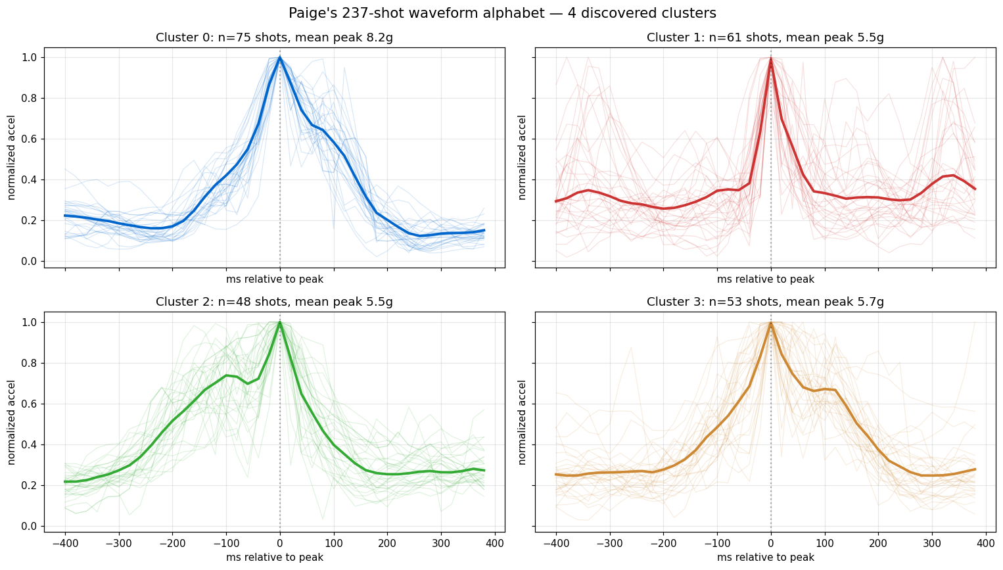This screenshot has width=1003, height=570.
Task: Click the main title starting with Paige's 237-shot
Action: click(x=502, y=13)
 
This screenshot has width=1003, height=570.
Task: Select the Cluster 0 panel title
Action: click(x=274, y=37)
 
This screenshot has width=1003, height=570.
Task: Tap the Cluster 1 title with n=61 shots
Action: click(x=765, y=37)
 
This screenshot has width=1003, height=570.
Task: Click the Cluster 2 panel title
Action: click(x=274, y=302)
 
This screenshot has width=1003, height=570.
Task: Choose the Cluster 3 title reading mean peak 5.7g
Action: click(x=765, y=302)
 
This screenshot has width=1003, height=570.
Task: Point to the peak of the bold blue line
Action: click(x=280, y=58)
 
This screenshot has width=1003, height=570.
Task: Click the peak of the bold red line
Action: click(x=771, y=59)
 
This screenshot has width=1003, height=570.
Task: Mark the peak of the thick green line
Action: click(x=280, y=323)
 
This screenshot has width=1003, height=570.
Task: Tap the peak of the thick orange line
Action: click(x=771, y=323)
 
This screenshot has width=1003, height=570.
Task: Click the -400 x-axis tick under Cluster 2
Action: click(x=65, y=544)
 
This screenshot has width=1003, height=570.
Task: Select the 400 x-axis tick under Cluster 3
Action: click(x=986, y=544)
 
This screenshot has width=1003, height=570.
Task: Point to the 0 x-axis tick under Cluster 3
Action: click(x=771, y=544)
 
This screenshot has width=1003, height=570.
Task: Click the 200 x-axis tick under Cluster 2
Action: click(x=387, y=544)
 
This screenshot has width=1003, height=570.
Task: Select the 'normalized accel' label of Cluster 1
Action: click(x=522, y=157)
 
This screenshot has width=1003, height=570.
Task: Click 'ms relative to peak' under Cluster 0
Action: click(x=274, y=279)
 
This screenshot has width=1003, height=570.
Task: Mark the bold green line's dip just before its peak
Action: click(x=248, y=383)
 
